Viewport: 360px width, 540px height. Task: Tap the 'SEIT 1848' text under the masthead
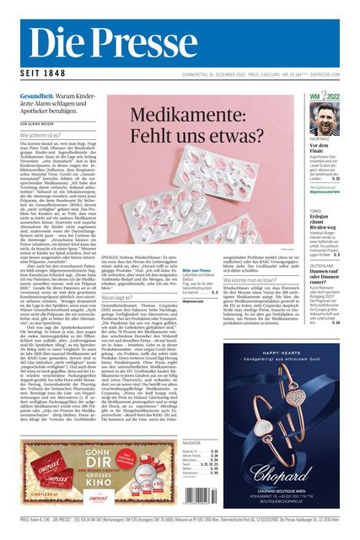[x=39, y=73]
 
